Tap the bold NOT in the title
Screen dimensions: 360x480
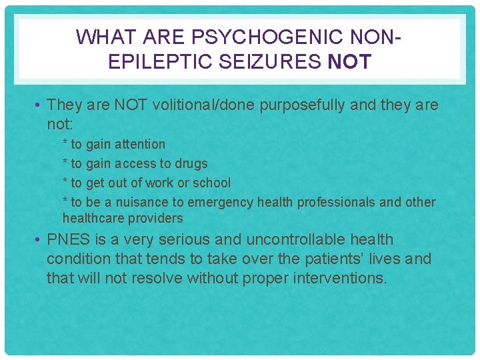[x=349, y=62]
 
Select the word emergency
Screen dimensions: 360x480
[x=221, y=202]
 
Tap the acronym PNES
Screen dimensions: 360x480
[x=67, y=239]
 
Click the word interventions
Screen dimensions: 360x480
[x=337, y=278]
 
